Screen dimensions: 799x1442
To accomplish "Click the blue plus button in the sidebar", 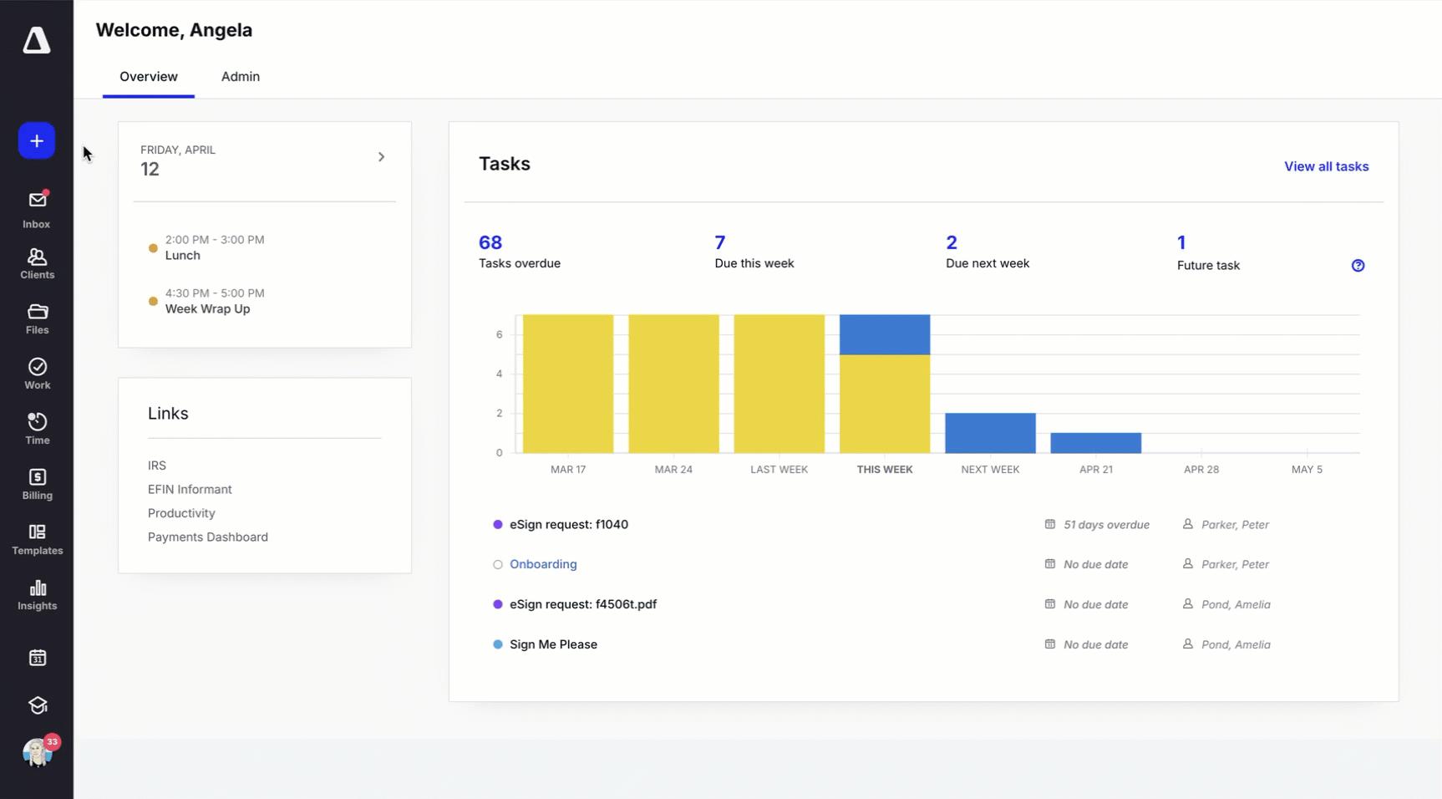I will tap(37, 141).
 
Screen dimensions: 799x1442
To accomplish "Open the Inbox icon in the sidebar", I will tap(37, 208).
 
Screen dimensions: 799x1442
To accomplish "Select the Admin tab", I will tap(241, 77).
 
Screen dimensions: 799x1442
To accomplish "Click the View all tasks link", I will tap(1326, 166).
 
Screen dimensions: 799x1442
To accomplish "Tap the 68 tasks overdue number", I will tap(490, 242).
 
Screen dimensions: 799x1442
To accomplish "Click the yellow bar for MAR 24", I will tap(673, 384).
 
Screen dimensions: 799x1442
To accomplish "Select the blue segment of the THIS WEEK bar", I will tap(884, 334).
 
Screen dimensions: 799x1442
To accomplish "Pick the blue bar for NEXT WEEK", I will tap(990, 433).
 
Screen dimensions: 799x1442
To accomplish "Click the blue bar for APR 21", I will tap(1095, 443).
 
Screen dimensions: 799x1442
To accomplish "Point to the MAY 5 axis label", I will tap(1307, 470).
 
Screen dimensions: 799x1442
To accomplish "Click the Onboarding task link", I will tap(543, 564).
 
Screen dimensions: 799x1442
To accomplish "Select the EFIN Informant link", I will tap(190, 490).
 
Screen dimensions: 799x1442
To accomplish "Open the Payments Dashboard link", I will tap(208, 537).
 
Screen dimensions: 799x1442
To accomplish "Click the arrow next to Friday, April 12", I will tap(381, 157).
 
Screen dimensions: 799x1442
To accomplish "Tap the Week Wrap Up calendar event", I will tap(207, 308).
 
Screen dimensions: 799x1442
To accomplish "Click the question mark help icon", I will tap(1358, 266).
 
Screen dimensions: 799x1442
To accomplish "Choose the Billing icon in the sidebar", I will tap(37, 484).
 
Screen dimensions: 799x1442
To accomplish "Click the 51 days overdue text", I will tap(1106, 525).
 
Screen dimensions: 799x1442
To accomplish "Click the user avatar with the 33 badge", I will tap(38, 753).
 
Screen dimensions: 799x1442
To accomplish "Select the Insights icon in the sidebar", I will tap(37, 594).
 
